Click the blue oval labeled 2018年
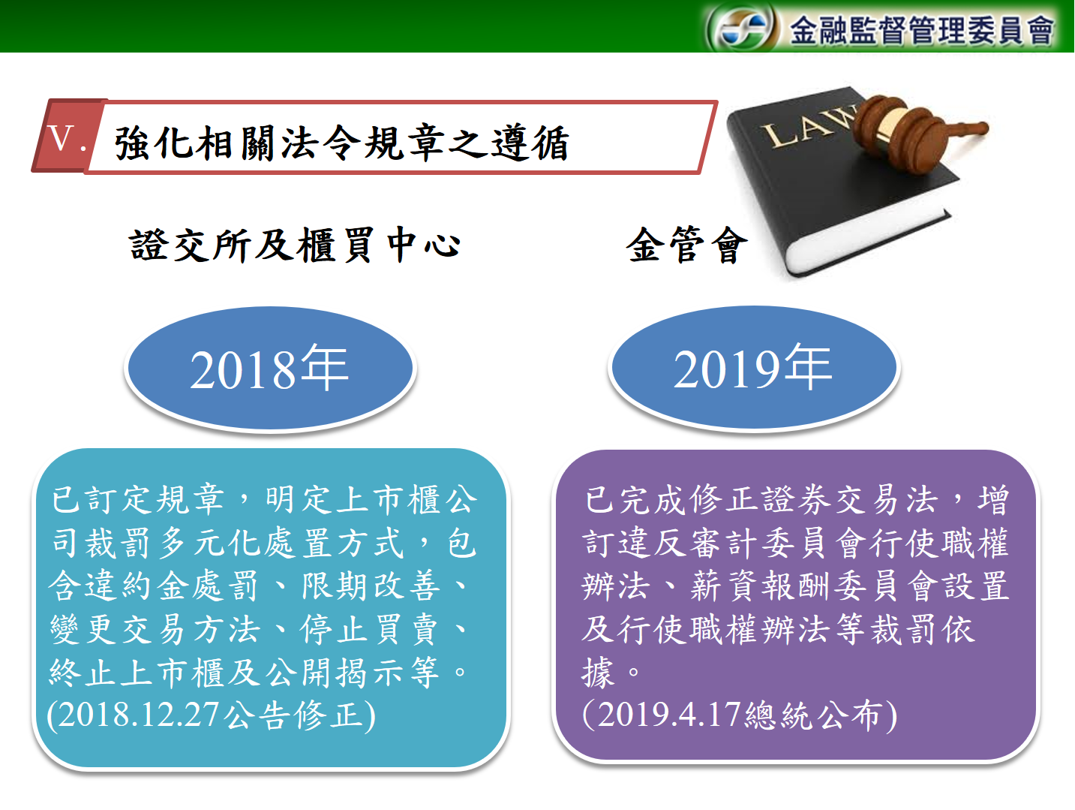tap(270, 369)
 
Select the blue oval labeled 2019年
tap(754, 368)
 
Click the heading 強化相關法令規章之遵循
tap(341, 143)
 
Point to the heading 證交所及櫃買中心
tap(295, 245)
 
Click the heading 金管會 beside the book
tap(686, 245)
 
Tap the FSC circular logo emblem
tap(741, 28)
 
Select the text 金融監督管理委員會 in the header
tap(921, 30)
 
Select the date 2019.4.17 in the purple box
tap(668, 715)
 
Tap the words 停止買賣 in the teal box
tap(369, 629)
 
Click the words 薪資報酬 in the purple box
tap(761, 586)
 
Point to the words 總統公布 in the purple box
tap(813, 715)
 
